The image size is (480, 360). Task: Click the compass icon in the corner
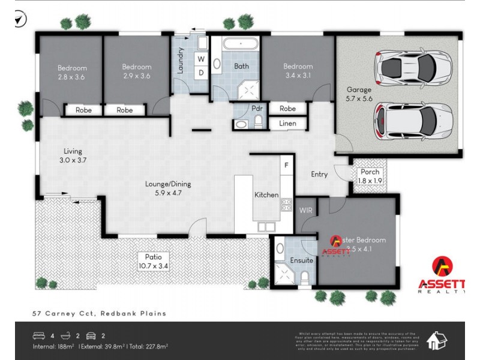point(20,20)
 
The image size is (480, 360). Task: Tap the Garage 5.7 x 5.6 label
point(359,94)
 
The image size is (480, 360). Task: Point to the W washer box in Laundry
point(202,59)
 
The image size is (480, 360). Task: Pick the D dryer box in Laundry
point(202,73)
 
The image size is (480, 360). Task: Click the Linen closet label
point(287,123)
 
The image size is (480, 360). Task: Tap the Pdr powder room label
point(257,109)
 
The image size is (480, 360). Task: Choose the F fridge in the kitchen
point(287,164)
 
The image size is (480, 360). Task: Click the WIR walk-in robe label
point(305,209)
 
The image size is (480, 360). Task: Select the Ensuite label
point(301,260)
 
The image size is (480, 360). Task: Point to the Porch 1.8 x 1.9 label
point(370,176)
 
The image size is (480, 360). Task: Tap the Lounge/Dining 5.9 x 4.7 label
point(160,188)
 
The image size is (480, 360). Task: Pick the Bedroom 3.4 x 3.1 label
point(298,71)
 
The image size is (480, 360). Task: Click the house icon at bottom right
point(436,341)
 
